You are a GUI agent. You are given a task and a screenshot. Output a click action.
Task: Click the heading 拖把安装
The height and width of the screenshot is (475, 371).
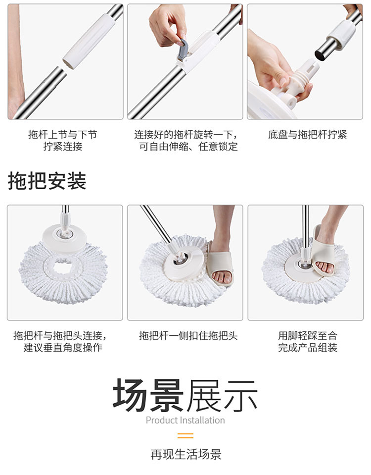[x=47, y=181]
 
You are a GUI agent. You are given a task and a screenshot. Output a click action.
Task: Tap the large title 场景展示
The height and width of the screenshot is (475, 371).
[x=185, y=395]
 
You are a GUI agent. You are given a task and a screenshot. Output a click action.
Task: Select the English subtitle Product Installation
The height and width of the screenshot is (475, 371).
[x=185, y=420]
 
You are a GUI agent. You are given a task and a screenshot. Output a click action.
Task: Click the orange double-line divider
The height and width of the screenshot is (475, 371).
[x=185, y=436]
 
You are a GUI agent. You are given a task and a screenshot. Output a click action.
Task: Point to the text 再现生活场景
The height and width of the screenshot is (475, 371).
[x=186, y=454]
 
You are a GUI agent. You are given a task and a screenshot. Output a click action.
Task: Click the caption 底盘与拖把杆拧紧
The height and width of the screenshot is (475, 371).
[x=307, y=135]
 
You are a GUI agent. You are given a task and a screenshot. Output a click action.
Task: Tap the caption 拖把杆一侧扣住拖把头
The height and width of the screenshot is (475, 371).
[x=188, y=335]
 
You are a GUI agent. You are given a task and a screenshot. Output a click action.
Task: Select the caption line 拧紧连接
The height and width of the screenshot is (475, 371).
[x=63, y=147]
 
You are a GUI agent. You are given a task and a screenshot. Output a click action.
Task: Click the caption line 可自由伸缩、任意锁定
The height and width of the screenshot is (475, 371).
[x=188, y=147]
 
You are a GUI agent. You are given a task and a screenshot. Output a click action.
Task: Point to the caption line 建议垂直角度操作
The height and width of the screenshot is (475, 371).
[x=63, y=348]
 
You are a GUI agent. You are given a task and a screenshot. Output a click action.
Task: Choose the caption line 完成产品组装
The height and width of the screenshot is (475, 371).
[x=308, y=348]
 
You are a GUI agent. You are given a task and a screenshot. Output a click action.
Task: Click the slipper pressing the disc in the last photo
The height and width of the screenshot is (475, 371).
[x=323, y=249]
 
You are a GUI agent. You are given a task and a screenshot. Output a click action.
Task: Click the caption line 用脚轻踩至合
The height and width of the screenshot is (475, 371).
[x=308, y=335]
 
